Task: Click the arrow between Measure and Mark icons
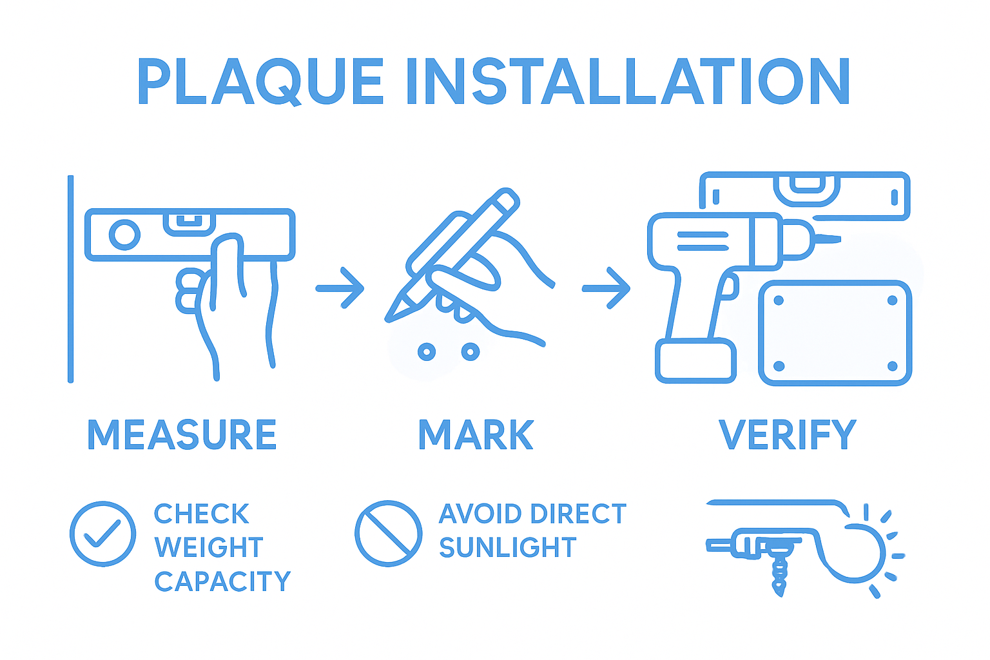pos(340,288)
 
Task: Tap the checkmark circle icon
pos(102,534)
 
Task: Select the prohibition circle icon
pos(388,534)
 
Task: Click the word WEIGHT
pos(209,547)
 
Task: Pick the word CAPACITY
pos(222,581)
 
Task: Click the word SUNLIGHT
pos(507,547)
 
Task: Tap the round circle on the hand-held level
pos(124,235)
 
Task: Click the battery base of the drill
pos(696,362)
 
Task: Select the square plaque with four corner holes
pos(835,333)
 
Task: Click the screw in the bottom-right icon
pos(780,574)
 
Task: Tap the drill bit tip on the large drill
pos(835,239)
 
